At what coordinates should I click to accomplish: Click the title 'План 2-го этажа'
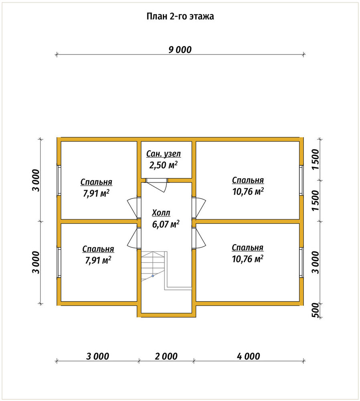pyautogui.click(x=180, y=16)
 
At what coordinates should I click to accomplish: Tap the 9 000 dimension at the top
pyautogui.click(x=180, y=50)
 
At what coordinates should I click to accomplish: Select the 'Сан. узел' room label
pyautogui.click(x=163, y=154)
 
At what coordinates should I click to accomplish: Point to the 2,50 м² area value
pyautogui.click(x=163, y=165)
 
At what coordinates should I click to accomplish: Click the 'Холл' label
pyautogui.click(x=161, y=213)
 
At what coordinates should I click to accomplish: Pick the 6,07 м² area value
pyautogui.click(x=166, y=224)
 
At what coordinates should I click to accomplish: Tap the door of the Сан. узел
pyautogui.click(x=157, y=185)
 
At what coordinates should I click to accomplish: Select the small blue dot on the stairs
pyautogui.click(x=153, y=276)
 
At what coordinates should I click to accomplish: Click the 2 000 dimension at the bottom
pyautogui.click(x=166, y=356)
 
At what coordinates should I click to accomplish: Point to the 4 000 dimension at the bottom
pyautogui.click(x=248, y=356)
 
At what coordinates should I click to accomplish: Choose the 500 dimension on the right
pyautogui.click(x=316, y=310)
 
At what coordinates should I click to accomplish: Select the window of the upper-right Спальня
pyautogui.click(x=301, y=180)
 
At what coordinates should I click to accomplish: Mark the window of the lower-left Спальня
pyautogui.click(x=59, y=262)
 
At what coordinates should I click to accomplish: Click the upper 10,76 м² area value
pyautogui.click(x=248, y=191)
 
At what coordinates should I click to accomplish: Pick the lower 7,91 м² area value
pyautogui.click(x=98, y=260)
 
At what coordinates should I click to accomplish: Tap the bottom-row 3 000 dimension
pyautogui.click(x=98, y=356)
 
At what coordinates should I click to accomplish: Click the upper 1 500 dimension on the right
pyautogui.click(x=316, y=159)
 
